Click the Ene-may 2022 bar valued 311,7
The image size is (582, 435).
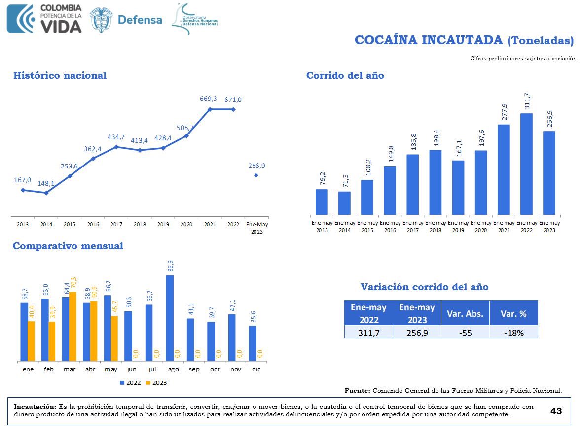click(x=526, y=164)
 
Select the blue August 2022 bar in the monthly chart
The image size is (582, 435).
click(x=170, y=318)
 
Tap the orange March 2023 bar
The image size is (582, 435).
click(x=73, y=326)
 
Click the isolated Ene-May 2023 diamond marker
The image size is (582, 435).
click(x=256, y=175)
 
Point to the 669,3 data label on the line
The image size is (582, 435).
click(x=208, y=99)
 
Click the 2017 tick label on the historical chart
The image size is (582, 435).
click(x=116, y=224)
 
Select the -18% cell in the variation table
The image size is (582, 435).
click(x=513, y=333)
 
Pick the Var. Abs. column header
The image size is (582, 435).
click(x=465, y=313)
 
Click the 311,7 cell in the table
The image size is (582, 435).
click(x=368, y=333)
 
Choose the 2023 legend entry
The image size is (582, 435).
click(x=156, y=383)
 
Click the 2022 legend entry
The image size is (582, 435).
click(x=130, y=383)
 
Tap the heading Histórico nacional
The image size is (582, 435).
click(x=60, y=75)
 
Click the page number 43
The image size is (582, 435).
click(x=556, y=411)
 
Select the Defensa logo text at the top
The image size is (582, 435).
click(x=140, y=20)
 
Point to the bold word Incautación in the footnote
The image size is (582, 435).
click(x=35, y=407)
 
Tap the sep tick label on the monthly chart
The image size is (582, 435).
click(x=194, y=369)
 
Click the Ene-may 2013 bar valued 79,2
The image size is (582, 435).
click(x=322, y=202)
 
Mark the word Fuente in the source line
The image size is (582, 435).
click(x=357, y=391)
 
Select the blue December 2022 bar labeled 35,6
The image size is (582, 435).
click(x=253, y=343)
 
